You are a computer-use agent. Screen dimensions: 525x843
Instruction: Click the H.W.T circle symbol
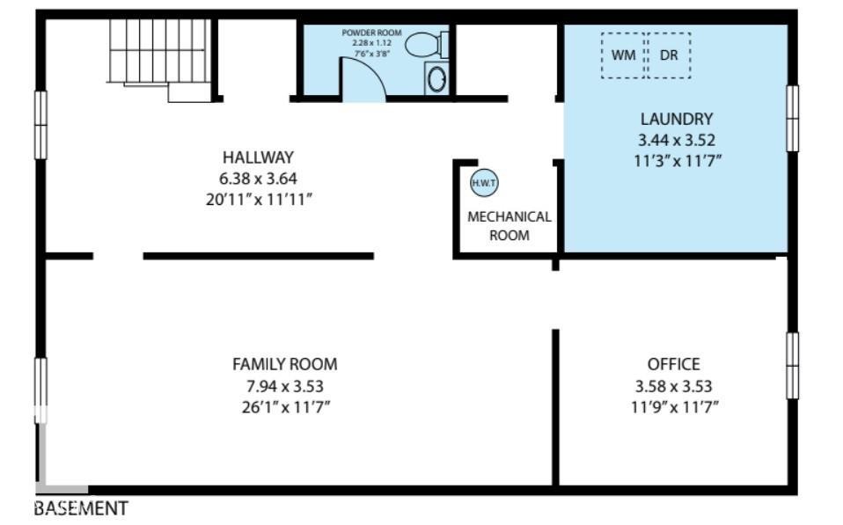[484, 183]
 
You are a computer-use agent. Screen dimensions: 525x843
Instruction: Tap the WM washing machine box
[623, 55]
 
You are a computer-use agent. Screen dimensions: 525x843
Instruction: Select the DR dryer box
[669, 55]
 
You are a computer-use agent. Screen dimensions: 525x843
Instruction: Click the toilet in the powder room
[429, 43]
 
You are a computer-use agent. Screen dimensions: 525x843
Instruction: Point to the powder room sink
[436, 78]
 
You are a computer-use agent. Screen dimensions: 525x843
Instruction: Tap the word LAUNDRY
[676, 119]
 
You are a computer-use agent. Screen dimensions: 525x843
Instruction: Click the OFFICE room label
[673, 364]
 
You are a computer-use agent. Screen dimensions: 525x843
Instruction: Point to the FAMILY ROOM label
[284, 364]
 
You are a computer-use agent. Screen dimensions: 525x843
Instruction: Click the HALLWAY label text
[258, 157]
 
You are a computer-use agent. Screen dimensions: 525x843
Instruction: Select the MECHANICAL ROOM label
[509, 226]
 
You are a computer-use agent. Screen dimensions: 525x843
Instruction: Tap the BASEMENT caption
[81, 508]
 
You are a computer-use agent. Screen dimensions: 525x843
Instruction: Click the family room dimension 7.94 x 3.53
[284, 385]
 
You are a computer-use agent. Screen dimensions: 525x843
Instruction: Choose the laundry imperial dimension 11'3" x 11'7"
[676, 160]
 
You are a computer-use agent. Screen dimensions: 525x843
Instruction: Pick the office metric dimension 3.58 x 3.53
[673, 385]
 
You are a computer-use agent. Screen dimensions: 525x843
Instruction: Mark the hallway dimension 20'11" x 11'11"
[258, 200]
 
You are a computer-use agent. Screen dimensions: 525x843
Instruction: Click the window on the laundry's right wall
[792, 119]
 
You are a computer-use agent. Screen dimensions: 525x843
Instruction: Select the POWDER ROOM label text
[371, 33]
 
